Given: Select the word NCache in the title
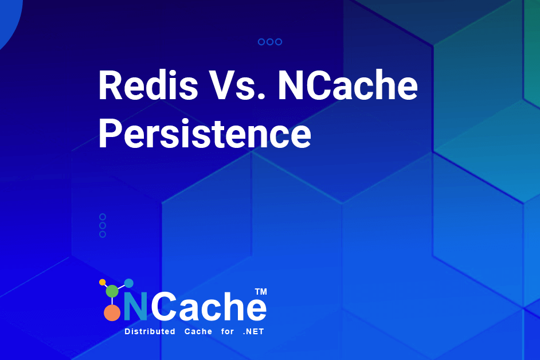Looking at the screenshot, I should pyautogui.click(x=347, y=86).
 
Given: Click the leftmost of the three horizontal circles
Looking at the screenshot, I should pyautogui.click(x=261, y=42).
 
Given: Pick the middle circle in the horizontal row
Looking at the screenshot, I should pyautogui.click(x=270, y=42).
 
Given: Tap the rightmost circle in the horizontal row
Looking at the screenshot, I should pyautogui.click(x=279, y=42).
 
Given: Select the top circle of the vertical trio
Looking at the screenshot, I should pyautogui.click(x=103, y=217).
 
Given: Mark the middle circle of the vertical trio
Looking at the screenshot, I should pyautogui.click(x=103, y=225).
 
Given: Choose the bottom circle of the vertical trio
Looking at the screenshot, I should pyautogui.click(x=103, y=234).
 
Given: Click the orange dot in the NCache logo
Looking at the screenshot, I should pyautogui.click(x=112, y=312).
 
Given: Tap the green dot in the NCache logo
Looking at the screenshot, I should pyautogui.click(x=112, y=291).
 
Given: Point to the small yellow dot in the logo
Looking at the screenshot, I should pyautogui.click(x=103, y=282).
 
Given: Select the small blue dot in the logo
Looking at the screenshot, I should pyautogui.click(x=129, y=283).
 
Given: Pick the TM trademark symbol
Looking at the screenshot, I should pyautogui.click(x=261, y=292).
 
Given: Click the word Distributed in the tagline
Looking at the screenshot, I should pyautogui.click(x=150, y=332).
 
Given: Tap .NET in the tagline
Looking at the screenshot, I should pyautogui.click(x=254, y=332).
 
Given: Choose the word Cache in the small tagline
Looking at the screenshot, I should pyautogui.click(x=198, y=332).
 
